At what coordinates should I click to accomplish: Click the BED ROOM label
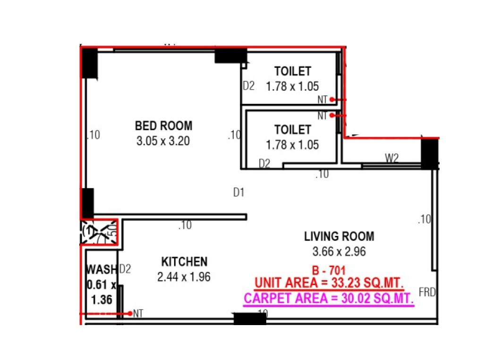(163, 126)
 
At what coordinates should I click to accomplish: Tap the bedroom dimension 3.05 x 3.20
(163, 141)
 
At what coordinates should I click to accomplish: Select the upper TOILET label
(292, 71)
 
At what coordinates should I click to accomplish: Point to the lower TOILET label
(292, 129)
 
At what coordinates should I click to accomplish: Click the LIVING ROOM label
(339, 236)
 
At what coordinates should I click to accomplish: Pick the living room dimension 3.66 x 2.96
(339, 251)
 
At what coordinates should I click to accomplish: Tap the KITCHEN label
(184, 261)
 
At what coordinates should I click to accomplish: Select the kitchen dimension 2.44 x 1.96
(184, 277)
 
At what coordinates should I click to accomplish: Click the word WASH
(101, 270)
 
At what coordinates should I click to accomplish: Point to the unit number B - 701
(330, 271)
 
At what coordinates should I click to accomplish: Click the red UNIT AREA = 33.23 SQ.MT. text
(329, 284)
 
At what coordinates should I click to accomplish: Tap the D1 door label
(239, 193)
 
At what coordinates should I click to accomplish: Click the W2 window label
(391, 158)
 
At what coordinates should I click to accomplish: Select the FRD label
(427, 293)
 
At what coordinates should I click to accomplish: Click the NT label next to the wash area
(138, 313)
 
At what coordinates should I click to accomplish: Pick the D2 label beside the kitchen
(125, 269)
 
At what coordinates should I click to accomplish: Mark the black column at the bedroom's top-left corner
(89, 64)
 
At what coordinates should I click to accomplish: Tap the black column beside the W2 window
(430, 154)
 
